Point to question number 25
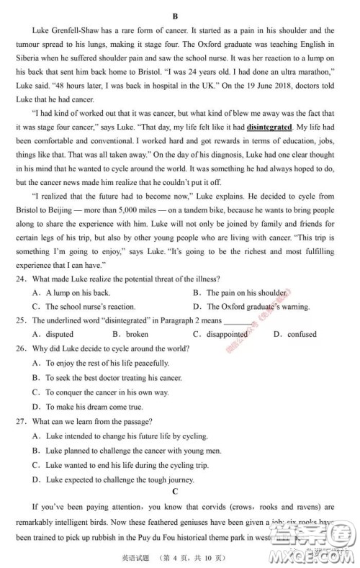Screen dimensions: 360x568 click(22, 320)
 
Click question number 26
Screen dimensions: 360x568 click(22, 348)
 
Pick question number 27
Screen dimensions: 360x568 click(22, 421)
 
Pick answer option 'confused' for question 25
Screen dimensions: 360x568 click(301, 334)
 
